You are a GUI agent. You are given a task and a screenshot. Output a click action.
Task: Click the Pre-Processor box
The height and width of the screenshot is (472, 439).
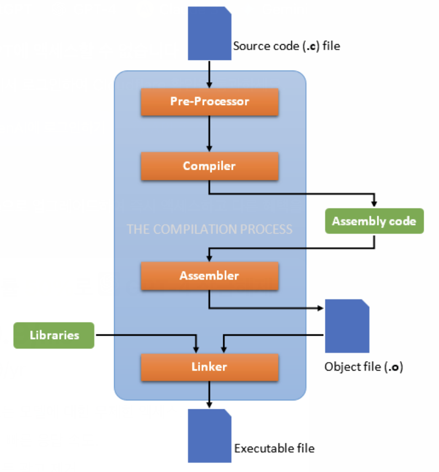[210, 102]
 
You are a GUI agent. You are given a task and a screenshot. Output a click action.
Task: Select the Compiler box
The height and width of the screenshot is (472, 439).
[210, 166]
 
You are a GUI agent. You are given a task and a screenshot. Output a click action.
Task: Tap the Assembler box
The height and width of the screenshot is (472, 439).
[210, 276]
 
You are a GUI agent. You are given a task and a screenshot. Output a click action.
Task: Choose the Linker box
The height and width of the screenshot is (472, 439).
[210, 367]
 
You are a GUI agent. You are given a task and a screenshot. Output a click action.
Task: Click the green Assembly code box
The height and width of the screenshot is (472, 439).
[374, 221]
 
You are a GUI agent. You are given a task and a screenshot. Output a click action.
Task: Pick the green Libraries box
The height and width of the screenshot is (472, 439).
[54, 335]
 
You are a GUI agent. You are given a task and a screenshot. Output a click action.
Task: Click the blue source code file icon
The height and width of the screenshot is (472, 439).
[210, 33]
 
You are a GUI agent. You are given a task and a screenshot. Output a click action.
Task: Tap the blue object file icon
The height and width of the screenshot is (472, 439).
[347, 326]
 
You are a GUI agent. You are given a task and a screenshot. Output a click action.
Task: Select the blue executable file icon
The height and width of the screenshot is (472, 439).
[210, 436]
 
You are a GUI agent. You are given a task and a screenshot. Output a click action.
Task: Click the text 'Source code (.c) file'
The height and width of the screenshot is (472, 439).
[286, 46]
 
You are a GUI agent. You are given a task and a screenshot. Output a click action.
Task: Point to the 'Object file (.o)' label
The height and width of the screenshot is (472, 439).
[363, 367]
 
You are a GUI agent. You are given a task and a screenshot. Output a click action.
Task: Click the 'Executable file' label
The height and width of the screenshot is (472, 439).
[274, 448]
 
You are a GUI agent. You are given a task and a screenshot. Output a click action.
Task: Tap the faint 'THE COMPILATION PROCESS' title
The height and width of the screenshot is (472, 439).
[210, 229]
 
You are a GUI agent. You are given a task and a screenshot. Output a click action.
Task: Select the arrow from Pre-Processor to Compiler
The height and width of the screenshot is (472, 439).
[209, 133]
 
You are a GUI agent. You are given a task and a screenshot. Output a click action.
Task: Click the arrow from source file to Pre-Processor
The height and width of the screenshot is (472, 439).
[209, 74]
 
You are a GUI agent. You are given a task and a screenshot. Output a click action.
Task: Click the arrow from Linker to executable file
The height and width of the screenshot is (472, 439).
[209, 395]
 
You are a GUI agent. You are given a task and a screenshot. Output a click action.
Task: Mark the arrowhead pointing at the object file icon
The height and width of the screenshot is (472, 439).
[320, 308]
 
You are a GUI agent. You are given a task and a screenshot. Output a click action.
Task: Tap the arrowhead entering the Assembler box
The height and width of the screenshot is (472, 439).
[209, 258]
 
